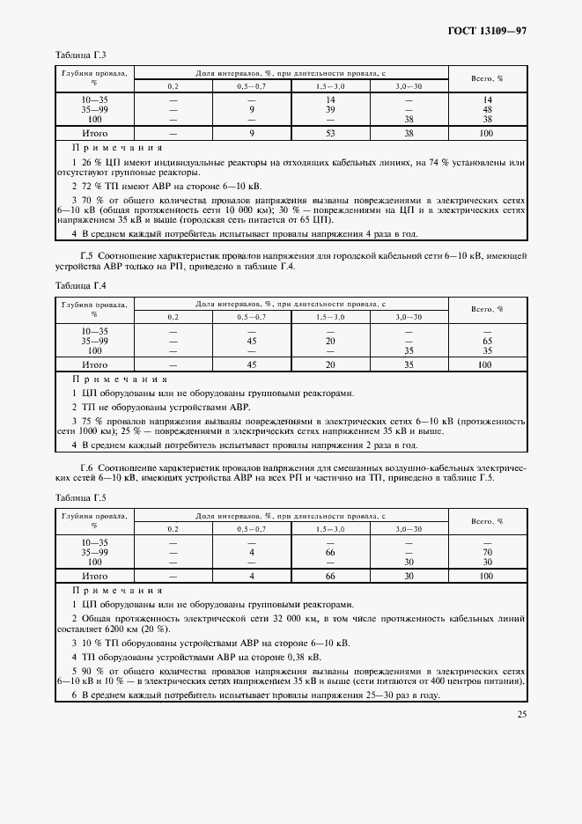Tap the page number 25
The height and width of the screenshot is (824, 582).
521,714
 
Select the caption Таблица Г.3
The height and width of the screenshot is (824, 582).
81,55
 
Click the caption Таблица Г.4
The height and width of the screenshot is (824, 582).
81,286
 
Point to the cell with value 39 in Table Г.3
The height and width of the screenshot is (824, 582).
331,110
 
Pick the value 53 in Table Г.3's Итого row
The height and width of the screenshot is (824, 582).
331,133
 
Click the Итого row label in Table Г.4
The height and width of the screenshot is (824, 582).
95,364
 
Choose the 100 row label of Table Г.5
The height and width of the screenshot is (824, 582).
95,561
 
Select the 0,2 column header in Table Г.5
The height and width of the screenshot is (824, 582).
173,528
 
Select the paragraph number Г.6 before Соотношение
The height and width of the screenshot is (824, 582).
86,466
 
